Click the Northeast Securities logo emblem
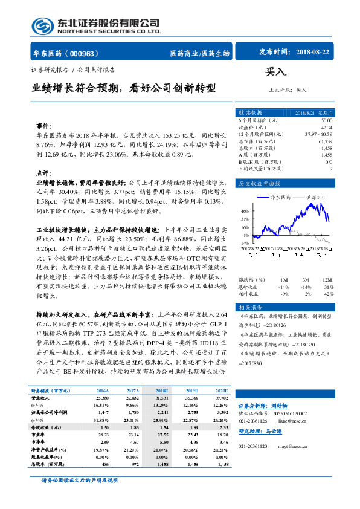43,25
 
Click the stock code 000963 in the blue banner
87,53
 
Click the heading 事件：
43,126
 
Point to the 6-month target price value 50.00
326,120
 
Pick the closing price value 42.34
326,127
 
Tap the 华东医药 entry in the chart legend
281,198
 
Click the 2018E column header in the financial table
163,392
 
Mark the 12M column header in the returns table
327,280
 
